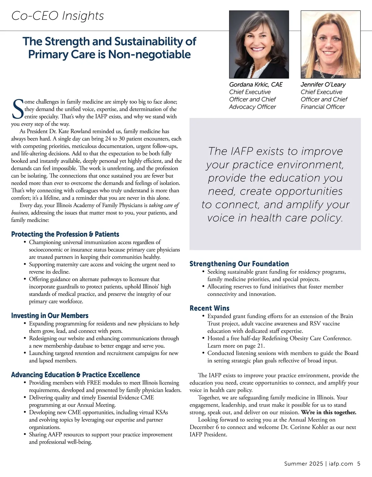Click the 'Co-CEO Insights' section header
(x=58, y=16)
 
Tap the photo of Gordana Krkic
(x=259, y=44)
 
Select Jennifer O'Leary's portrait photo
(x=330, y=44)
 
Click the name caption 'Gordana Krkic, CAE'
(x=256, y=85)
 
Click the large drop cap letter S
(x=17, y=109)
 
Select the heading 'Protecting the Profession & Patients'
(x=65, y=234)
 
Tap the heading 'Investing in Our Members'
(x=50, y=316)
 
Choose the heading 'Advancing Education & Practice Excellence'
(x=75, y=375)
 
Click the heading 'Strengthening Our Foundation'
(x=239, y=264)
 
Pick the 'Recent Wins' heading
(x=210, y=308)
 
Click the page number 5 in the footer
(x=359, y=464)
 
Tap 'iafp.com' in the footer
(x=340, y=464)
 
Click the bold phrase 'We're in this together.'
(x=329, y=412)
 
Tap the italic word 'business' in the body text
(x=20, y=213)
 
